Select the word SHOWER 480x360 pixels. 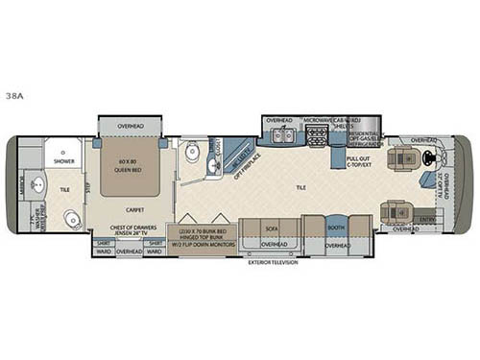(x=64, y=162)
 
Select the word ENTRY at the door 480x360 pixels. (x=425, y=218)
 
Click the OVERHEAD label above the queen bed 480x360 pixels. (x=133, y=125)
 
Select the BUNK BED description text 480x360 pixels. (x=203, y=234)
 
